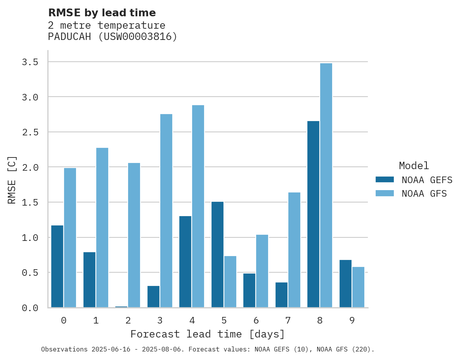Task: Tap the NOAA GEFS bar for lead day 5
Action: tap(217, 254)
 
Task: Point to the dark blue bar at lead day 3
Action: tap(153, 297)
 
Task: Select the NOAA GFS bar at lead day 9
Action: tap(358, 287)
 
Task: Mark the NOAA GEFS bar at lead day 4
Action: tap(185, 262)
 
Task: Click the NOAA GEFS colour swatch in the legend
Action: tap(385, 180)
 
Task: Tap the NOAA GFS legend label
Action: tap(424, 194)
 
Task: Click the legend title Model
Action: tap(414, 166)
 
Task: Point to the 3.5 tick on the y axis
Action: tap(30, 62)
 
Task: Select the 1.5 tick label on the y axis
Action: tap(30, 202)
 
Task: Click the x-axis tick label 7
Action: tap(288, 320)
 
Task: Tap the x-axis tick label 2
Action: tap(128, 320)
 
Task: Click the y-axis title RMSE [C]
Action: tap(12, 180)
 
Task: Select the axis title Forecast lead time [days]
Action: tap(208, 334)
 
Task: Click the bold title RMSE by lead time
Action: tap(102, 13)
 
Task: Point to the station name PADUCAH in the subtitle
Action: tap(69, 37)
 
